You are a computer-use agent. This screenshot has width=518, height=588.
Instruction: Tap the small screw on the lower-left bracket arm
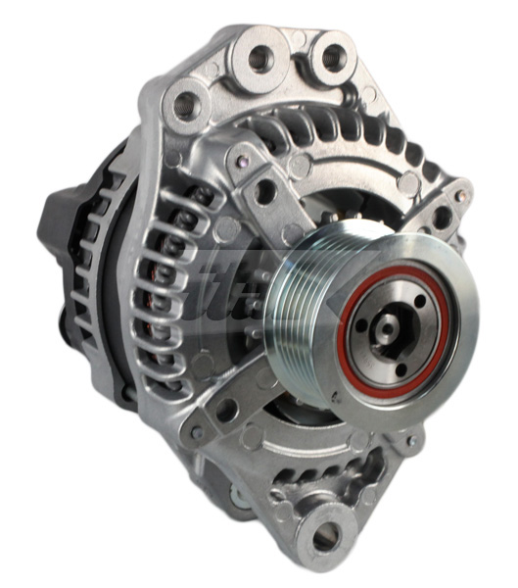[x=197, y=432]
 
